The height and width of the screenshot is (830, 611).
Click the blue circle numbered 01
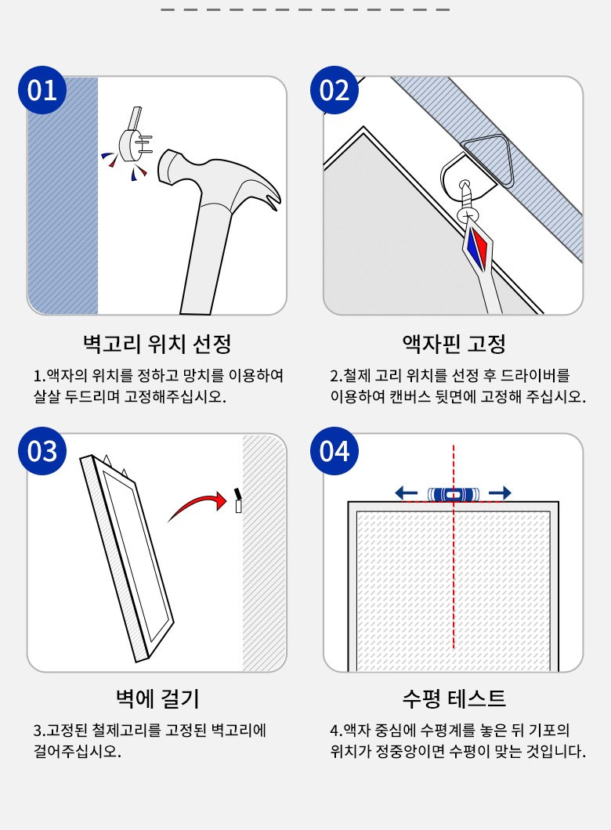point(42,90)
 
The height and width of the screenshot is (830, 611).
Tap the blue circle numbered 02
point(334,90)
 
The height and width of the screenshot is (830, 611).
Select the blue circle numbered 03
point(42,451)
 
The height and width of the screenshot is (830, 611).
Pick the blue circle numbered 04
point(334,451)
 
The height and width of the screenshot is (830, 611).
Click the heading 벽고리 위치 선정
point(157,344)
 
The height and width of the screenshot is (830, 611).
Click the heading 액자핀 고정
point(454,344)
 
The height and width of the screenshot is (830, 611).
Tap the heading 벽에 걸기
point(157,698)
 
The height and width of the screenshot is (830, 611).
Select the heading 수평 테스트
point(454,698)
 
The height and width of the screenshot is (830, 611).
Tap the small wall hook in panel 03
point(238,500)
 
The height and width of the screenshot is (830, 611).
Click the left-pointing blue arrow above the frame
point(406,493)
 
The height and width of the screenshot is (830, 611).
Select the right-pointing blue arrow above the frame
point(500,493)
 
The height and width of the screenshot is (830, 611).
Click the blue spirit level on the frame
point(454,494)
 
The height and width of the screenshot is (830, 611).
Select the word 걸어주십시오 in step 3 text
point(78,751)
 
